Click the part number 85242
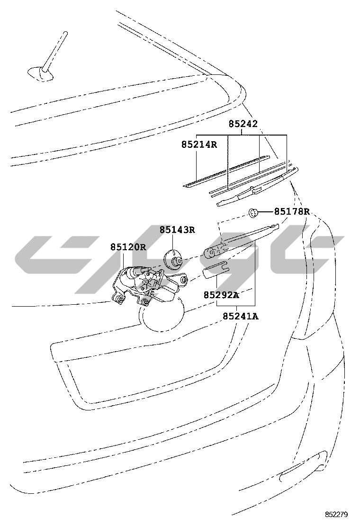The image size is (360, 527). (243, 124)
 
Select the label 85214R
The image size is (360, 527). (199, 145)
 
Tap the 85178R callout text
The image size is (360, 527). (292, 211)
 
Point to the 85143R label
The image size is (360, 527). (177, 230)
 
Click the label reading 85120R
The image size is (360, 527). (128, 247)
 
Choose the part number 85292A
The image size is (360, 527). (221, 295)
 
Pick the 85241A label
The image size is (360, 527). (241, 316)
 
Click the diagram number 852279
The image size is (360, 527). (336, 515)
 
